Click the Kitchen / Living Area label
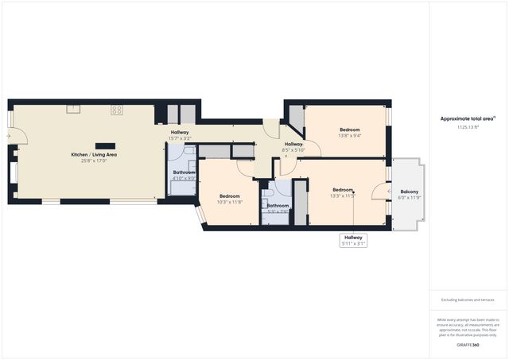94,154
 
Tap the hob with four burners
116,110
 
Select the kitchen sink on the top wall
72,109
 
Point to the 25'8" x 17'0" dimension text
94,161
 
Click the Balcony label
410,192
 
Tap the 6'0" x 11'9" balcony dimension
410,198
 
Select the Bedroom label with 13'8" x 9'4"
350,130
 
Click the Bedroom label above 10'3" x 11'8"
230,195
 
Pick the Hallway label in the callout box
353,237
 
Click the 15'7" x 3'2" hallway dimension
179,138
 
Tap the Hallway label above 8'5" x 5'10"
293,144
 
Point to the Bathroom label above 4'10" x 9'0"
184,172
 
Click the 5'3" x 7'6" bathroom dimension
278,211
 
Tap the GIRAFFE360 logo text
468,345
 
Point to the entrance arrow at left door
7,136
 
